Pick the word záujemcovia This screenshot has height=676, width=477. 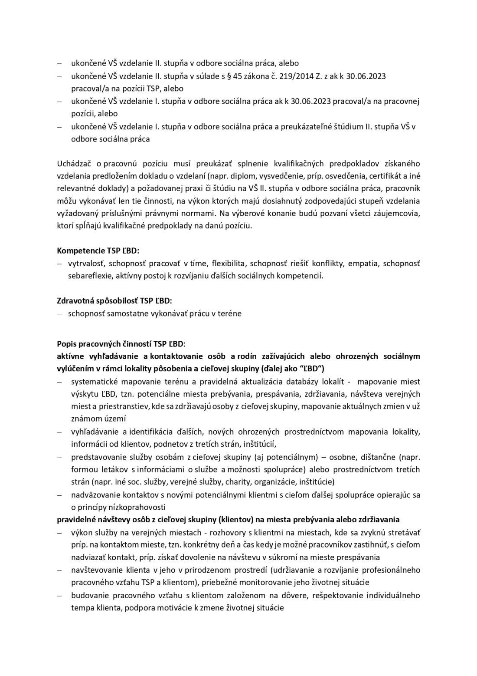point(399,214)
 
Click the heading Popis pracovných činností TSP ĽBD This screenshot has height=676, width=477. point(121,344)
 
